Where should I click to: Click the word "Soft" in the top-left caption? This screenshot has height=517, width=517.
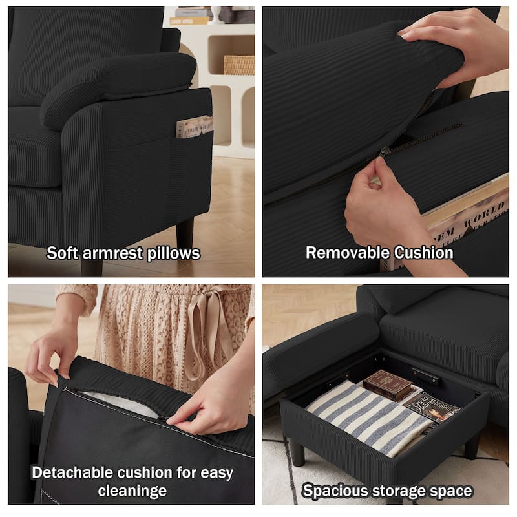point(62,253)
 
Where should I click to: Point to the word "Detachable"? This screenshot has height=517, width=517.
point(72,472)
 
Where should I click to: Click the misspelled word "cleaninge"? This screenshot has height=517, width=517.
point(132,491)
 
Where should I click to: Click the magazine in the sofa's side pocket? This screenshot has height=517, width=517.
point(195,126)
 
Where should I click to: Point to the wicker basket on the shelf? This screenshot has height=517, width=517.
point(239,65)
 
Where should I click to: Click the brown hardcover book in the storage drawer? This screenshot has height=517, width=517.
point(387,385)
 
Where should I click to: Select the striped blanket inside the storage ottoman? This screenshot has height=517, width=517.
point(364,419)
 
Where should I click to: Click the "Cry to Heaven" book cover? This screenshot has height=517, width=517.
point(430,408)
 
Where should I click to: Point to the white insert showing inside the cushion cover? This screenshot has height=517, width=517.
point(119,403)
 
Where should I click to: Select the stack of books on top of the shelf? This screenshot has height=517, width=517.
point(191,17)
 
